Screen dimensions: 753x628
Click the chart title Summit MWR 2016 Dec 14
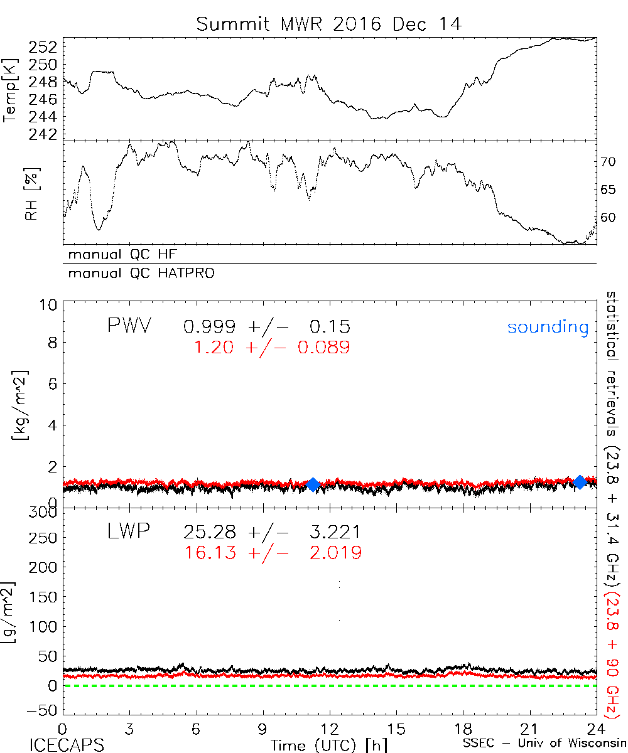(328, 24)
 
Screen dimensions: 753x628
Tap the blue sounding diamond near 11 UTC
(313, 484)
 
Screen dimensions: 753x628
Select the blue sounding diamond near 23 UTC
(580, 481)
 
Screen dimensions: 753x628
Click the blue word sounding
(548, 327)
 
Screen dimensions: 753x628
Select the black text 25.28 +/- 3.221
(272, 533)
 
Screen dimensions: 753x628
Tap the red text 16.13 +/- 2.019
(273, 552)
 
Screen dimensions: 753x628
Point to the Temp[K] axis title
(11, 90)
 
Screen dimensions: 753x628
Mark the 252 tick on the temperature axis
(47, 46)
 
